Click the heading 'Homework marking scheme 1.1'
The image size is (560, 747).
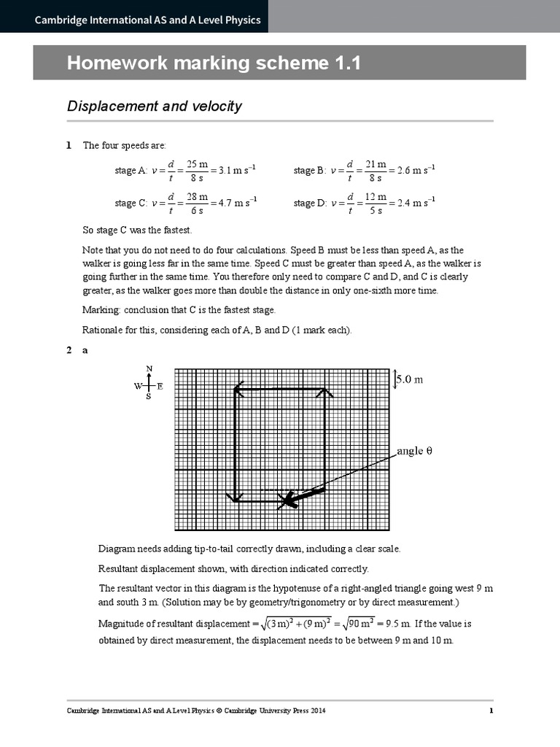(x=214, y=63)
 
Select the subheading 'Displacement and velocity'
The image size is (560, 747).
(x=154, y=107)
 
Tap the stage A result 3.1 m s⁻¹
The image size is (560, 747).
(x=236, y=171)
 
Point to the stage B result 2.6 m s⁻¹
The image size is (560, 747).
(x=416, y=171)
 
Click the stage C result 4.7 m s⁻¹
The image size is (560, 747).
(x=236, y=203)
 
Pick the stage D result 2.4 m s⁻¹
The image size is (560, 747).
(x=416, y=203)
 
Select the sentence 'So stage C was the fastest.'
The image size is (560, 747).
(x=137, y=231)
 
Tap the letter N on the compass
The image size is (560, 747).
(x=149, y=368)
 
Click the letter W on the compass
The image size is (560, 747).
(x=137, y=387)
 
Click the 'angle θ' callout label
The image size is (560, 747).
(x=415, y=451)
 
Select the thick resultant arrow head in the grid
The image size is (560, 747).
(x=289, y=500)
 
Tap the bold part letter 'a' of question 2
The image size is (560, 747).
(x=85, y=350)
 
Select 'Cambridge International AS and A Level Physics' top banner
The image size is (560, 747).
(x=148, y=20)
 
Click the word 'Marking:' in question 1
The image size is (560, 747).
(x=101, y=310)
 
